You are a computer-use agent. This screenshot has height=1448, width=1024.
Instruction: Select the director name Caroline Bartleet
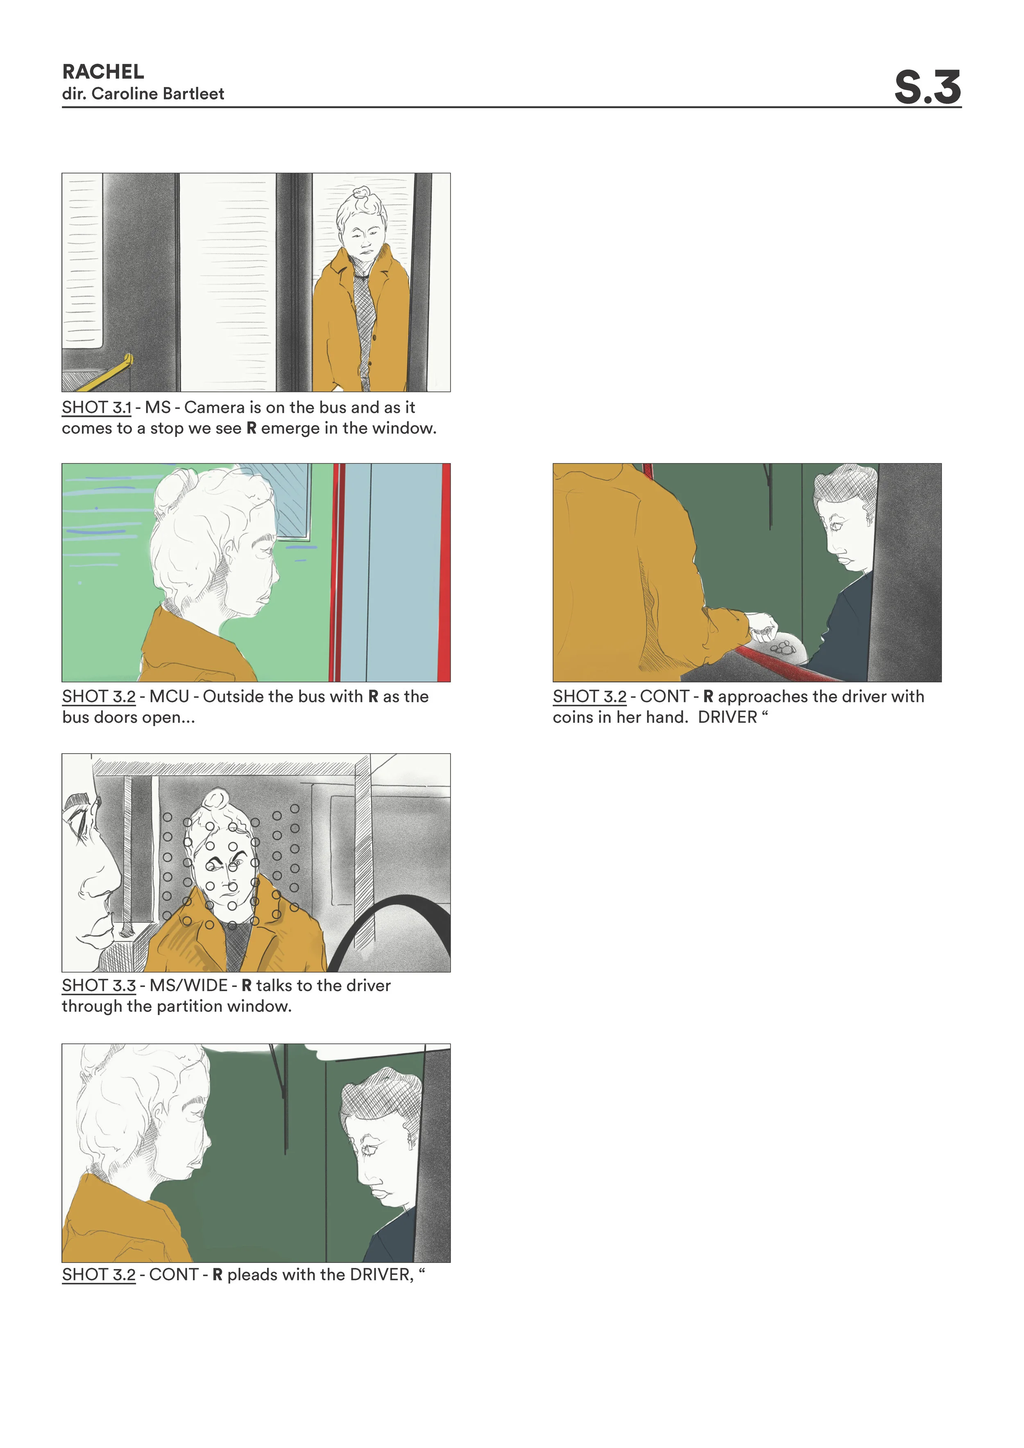[x=158, y=94]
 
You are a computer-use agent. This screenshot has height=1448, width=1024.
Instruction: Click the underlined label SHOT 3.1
[x=97, y=407]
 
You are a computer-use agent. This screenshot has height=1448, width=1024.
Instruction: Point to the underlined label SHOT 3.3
[x=98, y=985]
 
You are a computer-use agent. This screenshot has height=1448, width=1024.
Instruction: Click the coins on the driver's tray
[x=783, y=647]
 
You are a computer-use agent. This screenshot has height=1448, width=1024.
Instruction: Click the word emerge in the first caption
[x=291, y=428]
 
